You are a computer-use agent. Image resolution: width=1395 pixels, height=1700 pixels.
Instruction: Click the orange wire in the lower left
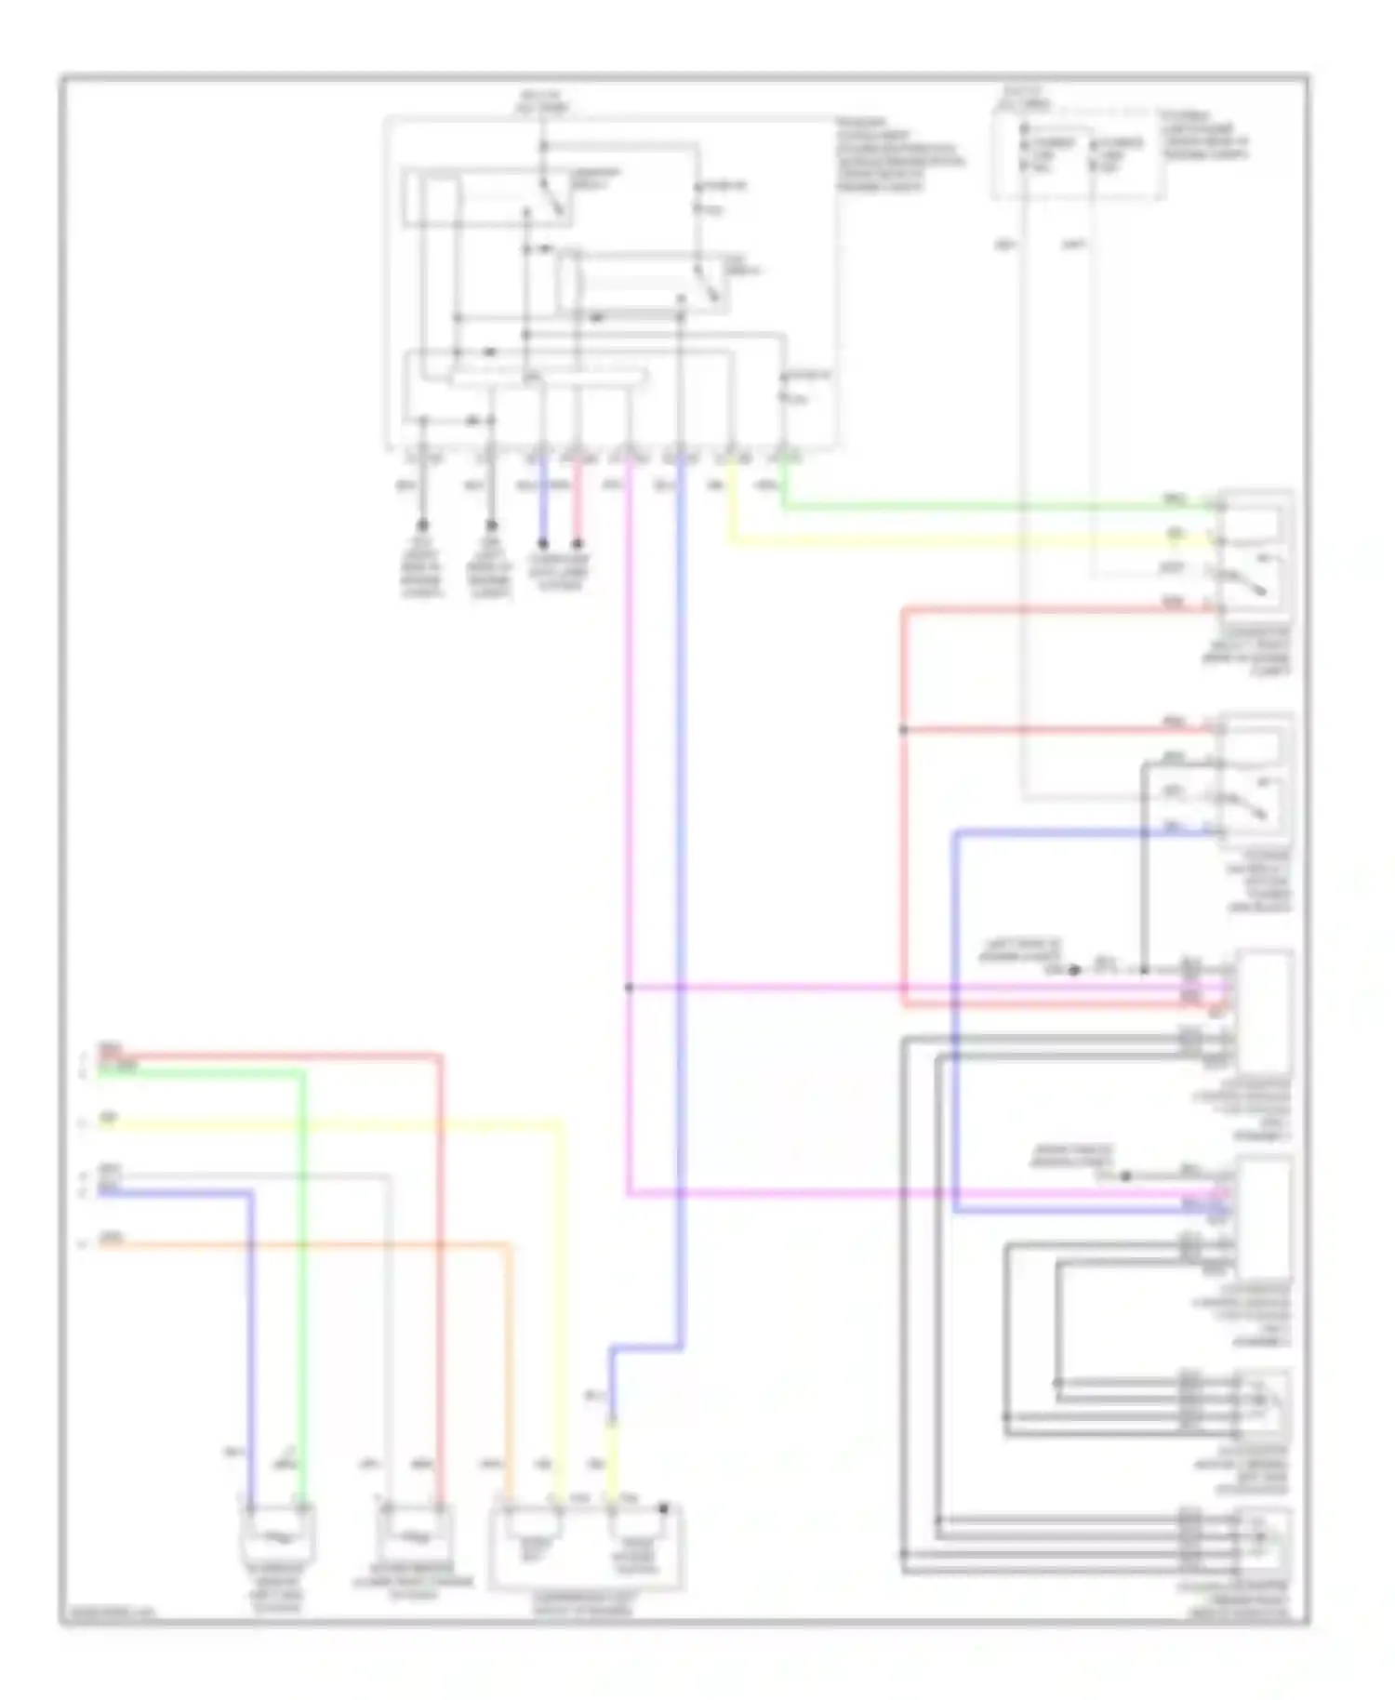coord(307,1243)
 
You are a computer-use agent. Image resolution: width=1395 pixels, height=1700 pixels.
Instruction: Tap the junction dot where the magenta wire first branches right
coord(630,988)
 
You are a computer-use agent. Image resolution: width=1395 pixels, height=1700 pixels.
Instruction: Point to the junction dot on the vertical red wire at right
coord(903,730)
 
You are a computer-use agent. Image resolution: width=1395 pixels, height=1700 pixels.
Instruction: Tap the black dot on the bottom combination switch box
coord(664,1508)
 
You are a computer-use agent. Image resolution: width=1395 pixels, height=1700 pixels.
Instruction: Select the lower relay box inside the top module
coord(642,282)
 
